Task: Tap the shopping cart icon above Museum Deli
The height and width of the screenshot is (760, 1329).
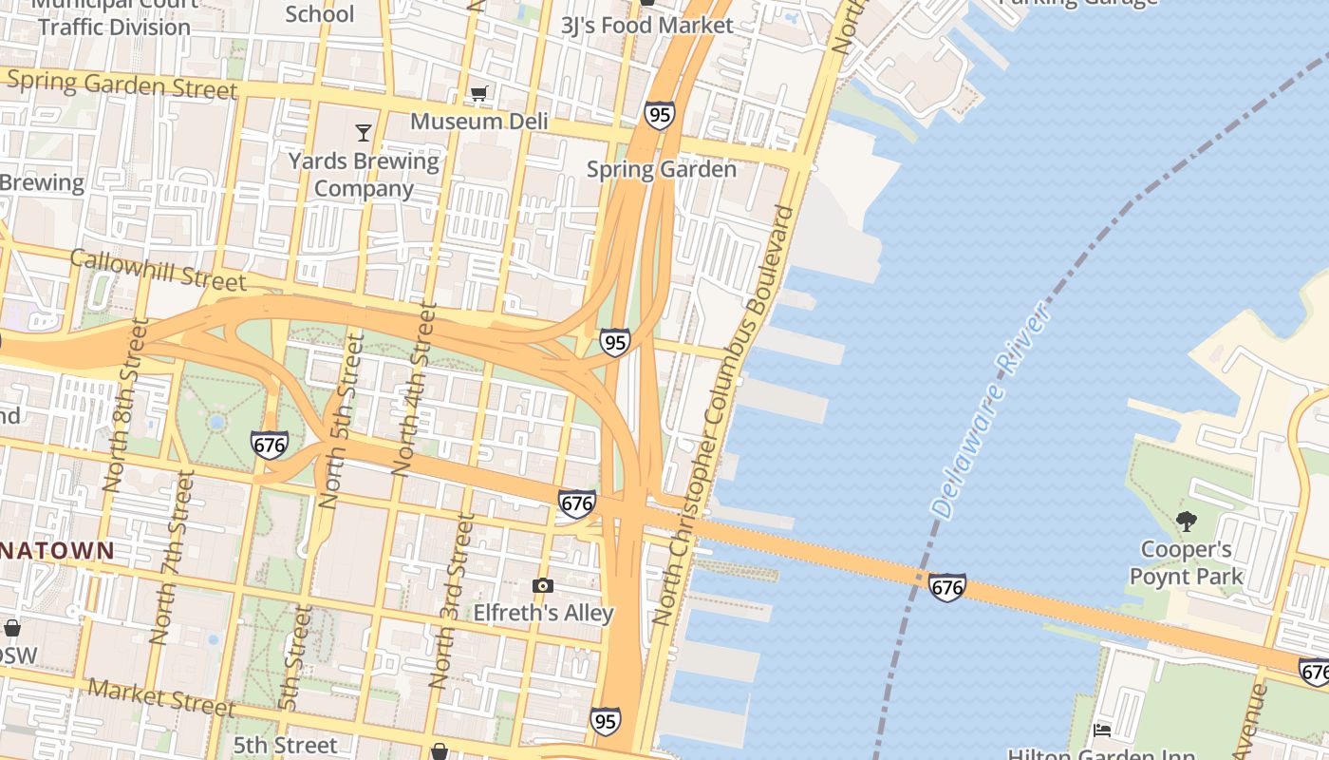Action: tap(479, 93)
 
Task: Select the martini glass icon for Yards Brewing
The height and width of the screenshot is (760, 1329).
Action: tap(364, 132)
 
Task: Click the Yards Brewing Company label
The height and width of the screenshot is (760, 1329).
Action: tap(364, 174)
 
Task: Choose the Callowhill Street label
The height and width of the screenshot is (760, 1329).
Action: tap(158, 270)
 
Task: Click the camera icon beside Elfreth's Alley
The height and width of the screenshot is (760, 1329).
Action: tap(543, 585)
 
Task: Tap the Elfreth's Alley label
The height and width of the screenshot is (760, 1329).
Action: tap(543, 613)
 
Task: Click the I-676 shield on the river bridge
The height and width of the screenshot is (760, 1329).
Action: tap(946, 587)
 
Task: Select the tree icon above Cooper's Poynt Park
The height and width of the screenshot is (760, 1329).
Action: tap(1186, 521)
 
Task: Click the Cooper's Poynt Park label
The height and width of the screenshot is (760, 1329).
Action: tap(1186, 562)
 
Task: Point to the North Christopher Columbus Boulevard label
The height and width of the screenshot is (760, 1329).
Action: tap(724, 414)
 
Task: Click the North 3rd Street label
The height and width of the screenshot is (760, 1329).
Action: tap(452, 600)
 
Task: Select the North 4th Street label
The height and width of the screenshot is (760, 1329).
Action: tap(416, 389)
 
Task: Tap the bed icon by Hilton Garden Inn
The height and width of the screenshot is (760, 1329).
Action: tap(1102, 730)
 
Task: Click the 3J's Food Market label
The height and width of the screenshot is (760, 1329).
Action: tap(647, 26)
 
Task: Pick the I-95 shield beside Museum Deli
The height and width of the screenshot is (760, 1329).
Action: tap(659, 115)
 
